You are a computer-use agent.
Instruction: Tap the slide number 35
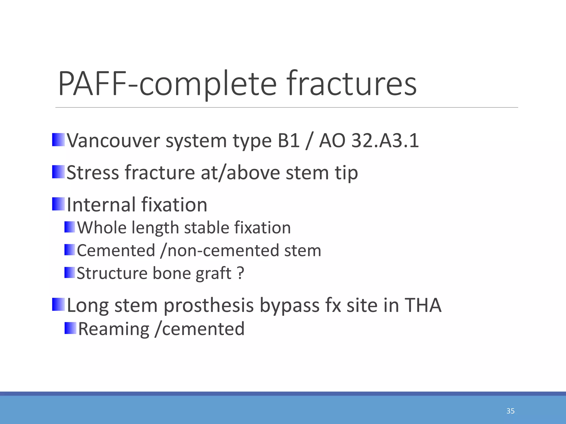(510, 411)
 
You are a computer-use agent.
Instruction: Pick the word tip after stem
(346, 173)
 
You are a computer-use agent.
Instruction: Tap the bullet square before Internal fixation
(58, 204)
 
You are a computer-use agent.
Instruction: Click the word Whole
(101, 228)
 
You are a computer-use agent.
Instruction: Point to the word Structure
(112, 273)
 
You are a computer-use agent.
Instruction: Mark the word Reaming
(114, 329)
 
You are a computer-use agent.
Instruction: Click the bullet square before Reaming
(70, 328)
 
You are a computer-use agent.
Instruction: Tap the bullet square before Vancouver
(58, 140)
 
